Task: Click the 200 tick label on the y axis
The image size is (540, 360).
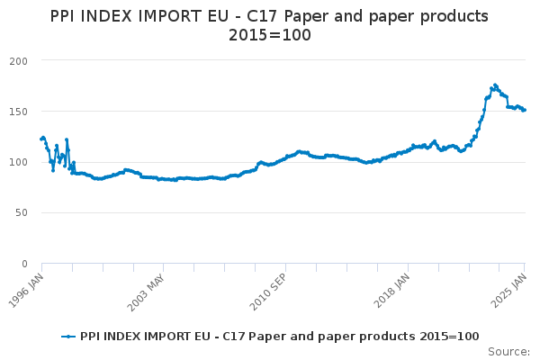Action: pos(19,61)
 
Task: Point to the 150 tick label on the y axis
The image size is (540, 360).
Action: pos(19,112)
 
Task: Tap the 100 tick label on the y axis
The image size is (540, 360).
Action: pos(19,162)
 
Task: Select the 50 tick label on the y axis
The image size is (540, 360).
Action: pos(22,213)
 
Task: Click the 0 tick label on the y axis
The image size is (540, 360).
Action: pos(24,264)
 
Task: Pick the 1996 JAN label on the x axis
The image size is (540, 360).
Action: pos(26,291)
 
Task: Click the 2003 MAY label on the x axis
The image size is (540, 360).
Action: pos(146,292)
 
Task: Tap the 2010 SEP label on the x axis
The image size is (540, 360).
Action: pos(268,292)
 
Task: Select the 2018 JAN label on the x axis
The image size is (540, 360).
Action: pos(391,291)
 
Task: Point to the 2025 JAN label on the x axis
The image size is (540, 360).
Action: pos(509,291)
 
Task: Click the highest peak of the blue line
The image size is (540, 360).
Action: pos(495,85)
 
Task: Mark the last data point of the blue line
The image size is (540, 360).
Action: pos(525,110)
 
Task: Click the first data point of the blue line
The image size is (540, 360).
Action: pos(41,139)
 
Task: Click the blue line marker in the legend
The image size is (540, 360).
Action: pos(68,337)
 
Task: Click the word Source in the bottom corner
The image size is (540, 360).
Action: pos(507,352)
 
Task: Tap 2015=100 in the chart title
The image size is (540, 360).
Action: pos(270,35)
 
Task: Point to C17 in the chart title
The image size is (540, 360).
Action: pos(264,16)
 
